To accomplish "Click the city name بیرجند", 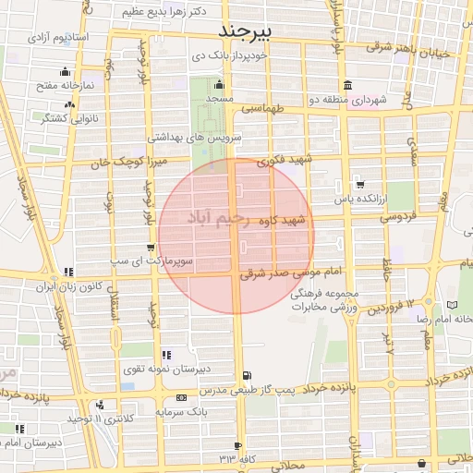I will tap(248, 31).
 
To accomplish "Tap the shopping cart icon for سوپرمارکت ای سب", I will tap(151, 248).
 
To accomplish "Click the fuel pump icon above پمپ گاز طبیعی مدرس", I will tap(246, 375).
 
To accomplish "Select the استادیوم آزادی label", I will tap(56, 38).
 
